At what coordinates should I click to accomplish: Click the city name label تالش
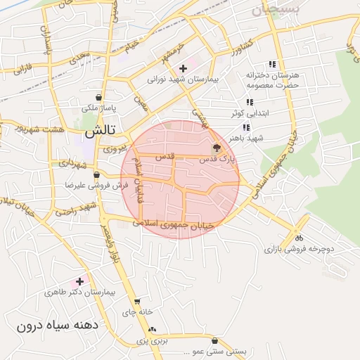click(100, 131)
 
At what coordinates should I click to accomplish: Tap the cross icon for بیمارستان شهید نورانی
click(183, 68)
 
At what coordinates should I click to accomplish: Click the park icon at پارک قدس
click(216, 148)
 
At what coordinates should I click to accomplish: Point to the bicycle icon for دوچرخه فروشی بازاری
click(299, 238)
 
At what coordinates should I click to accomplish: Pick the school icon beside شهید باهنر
click(246, 127)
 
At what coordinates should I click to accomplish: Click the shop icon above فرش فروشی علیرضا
click(96, 174)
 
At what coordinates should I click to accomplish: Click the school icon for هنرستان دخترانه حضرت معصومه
click(272, 64)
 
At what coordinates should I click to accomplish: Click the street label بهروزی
click(115, 149)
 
